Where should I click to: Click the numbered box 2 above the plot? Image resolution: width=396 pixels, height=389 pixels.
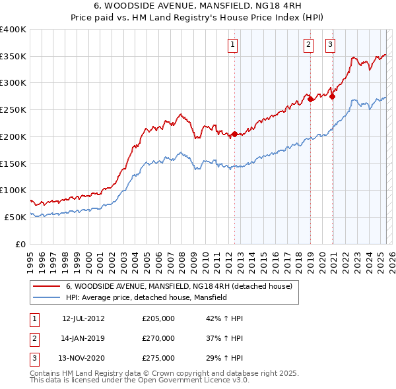click(308, 45)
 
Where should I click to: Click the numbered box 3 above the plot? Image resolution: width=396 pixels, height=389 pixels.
click(329, 45)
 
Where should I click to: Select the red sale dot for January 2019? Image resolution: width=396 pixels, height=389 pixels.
click(310, 99)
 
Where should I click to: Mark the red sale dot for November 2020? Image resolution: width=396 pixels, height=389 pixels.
click(332, 96)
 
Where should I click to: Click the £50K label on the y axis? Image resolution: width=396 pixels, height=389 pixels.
click(16, 217)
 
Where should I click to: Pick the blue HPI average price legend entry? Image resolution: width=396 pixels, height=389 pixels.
click(146, 297)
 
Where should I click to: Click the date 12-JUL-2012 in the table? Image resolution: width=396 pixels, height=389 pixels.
click(83, 318)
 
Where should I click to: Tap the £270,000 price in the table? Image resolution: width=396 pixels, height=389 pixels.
click(158, 339)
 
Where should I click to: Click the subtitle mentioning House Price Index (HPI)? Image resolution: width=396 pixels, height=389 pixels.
click(197, 19)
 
